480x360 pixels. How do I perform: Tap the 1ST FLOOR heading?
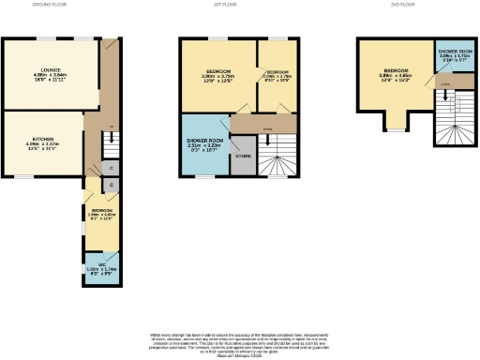(242, 5)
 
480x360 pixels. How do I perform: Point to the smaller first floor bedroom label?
(277, 74)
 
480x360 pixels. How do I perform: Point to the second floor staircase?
(448, 122)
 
